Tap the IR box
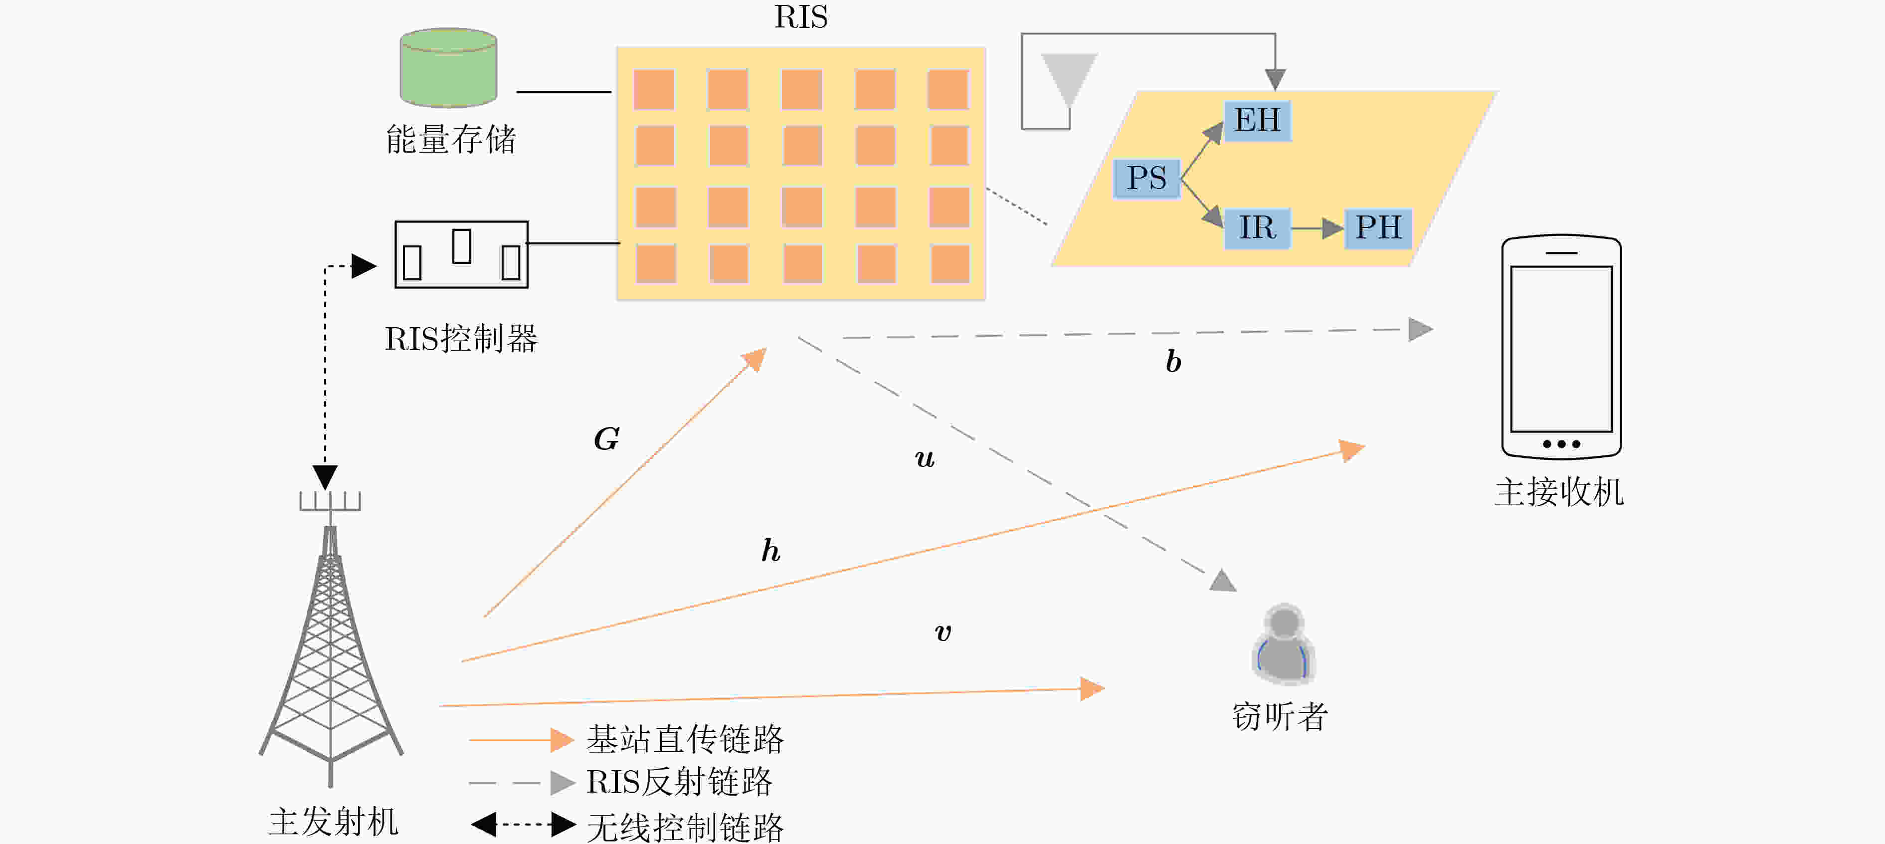pyautogui.click(x=1257, y=227)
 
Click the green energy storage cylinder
pyautogui.click(x=449, y=67)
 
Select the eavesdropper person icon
pyautogui.click(x=1284, y=643)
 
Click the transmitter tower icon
pyautogui.click(x=331, y=637)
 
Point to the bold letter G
pyautogui.click(x=606, y=439)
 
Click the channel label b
pyautogui.click(x=1173, y=361)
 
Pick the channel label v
pyautogui.click(x=943, y=633)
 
